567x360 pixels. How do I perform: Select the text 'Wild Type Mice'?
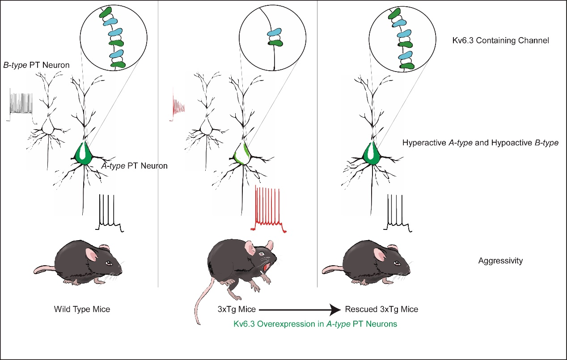click(x=82, y=309)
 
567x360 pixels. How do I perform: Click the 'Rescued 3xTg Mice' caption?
click(x=381, y=309)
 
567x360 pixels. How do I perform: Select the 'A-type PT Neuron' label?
click(x=134, y=166)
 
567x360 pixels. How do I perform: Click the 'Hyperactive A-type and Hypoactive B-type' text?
click(x=480, y=144)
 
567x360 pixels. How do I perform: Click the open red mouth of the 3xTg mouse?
click(x=267, y=267)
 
